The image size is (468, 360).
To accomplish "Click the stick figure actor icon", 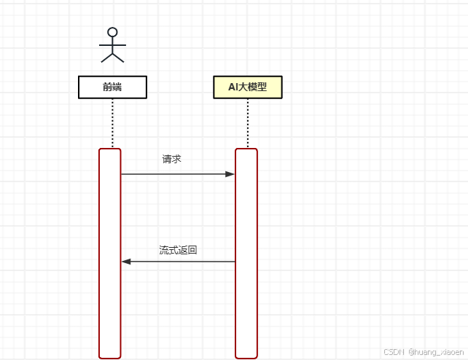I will coord(112,44).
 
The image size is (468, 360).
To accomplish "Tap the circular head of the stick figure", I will coord(112,32).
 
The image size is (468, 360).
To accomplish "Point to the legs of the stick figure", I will coord(112,56).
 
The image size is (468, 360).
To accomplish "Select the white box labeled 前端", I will coord(112,87).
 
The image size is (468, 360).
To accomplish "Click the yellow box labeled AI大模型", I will coord(247,87).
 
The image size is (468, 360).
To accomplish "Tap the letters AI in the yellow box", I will coord(233,87).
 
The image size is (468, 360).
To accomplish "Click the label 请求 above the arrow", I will coord(171,158).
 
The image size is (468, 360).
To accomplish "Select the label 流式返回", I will coord(178,250).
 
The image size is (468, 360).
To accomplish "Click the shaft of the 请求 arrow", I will coord(175,174).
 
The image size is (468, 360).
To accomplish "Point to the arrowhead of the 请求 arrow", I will coord(230,174).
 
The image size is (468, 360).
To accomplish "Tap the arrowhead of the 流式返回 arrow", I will coord(125,261).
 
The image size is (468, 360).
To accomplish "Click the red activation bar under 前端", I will coord(110,306).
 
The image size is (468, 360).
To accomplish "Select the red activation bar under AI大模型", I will coord(246,306).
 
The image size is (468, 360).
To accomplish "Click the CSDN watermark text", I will coord(394,351).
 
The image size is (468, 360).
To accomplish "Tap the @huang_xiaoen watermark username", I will coord(435,351).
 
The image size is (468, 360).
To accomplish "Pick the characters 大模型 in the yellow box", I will coord(253,87).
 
